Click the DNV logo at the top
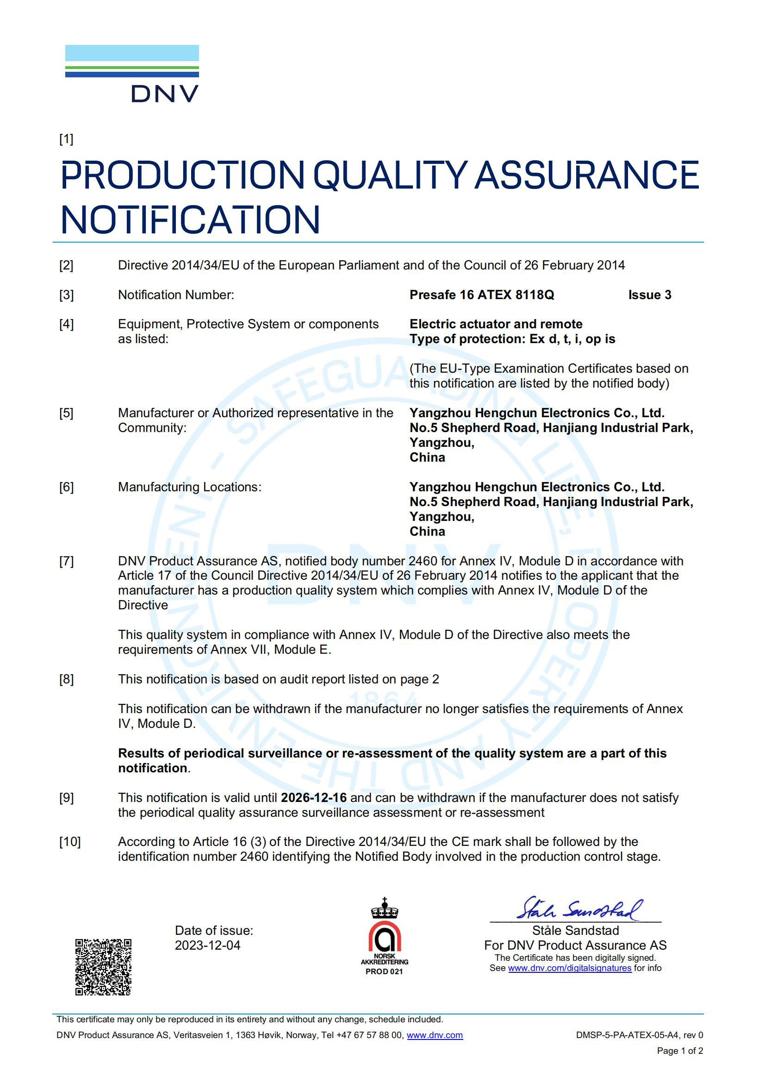[x=132, y=74]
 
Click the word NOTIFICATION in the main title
[x=190, y=220]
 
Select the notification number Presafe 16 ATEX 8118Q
[x=481, y=295]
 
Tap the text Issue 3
[x=649, y=295]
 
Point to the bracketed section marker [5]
[x=67, y=413]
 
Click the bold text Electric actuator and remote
[x=495, y=324]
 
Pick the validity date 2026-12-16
[x=313, y=798]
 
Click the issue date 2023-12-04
[x=207, y=945]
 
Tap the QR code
[x=103, y=966]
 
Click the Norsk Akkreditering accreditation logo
[x=384, y=936]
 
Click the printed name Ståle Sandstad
[x=575, y=931]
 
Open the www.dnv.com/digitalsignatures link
[x=569, y=968]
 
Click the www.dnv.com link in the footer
[x=434, y=1035]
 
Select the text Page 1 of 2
[x=680, y=1051]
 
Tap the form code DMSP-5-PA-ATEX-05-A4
[x=627, y=1035]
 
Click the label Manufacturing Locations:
[x=189, y=487]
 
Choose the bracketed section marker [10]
[x=70, y=842]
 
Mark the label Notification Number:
[x=176, y=295]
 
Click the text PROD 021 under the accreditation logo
[x=384, y=971]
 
